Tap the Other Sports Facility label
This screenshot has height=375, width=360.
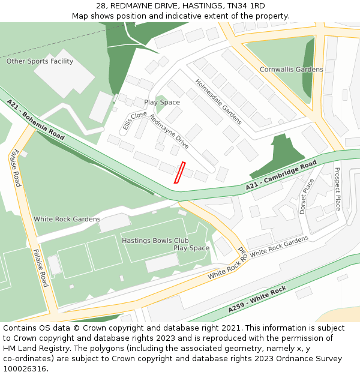tap(40, 61)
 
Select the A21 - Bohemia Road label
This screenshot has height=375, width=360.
tap(36, 120)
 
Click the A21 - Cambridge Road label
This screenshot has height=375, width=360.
tap(281, 176)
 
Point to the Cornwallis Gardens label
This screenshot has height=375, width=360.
tap(291, 70)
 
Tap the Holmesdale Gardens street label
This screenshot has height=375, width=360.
tap(218, 102)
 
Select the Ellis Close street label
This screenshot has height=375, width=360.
tap(134, 120)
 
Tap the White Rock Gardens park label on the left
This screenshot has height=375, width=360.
tap(67, 219)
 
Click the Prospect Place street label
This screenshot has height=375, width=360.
tap(337, 189)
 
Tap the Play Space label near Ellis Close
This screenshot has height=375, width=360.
tap(161, 102)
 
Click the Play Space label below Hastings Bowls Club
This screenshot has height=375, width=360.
tap(191, 248)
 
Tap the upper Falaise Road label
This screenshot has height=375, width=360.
tap(16, 167)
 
